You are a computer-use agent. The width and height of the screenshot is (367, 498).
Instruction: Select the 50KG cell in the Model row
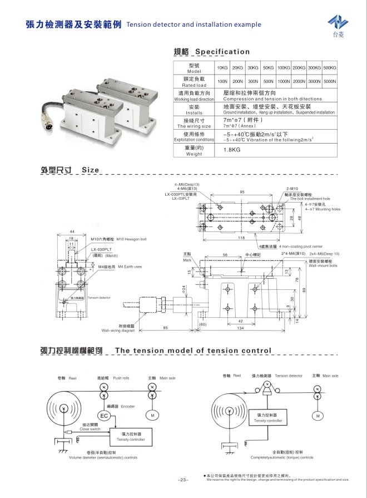[x=269, y=67]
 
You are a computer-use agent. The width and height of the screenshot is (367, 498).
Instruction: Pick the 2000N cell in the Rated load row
[x=299, y=81]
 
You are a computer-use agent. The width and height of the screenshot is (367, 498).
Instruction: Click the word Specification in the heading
[x=219, y=52]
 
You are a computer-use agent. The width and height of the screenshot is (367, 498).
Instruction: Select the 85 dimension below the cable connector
[x=165, y=328]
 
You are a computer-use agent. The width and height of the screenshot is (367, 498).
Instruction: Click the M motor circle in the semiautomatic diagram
[x=152, y=415]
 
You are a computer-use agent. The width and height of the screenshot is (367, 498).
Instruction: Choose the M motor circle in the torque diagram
[x=318, y=415]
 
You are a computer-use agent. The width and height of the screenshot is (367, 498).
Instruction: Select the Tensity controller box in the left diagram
[x=131, y=436]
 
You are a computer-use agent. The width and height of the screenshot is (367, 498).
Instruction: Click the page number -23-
[x=183, y=479]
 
